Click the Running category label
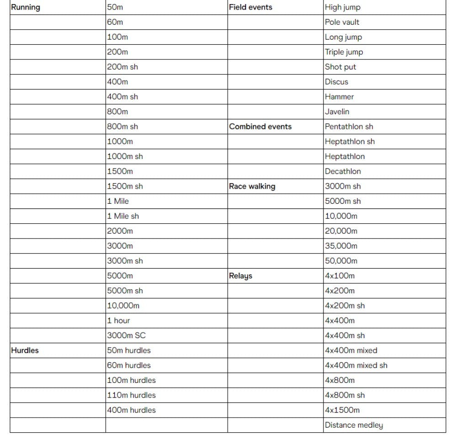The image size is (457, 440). coord(26,7)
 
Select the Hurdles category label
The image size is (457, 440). coord(25,350)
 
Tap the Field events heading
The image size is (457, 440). coord(250,7)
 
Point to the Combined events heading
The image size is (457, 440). coord(260,127)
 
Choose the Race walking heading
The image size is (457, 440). coord(252,186)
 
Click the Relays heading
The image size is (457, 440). coord(240,276)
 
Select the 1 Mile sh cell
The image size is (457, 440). coord(123,216)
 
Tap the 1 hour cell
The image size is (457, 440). coord(118,321)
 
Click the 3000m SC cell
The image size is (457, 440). coord(126,335)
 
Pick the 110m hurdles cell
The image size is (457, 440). coord(131,395)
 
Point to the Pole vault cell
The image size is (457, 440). coord(342,22)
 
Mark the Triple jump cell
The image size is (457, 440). coord(344,52)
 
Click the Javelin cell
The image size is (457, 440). coord(337,111)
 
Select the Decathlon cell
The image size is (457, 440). coord(343,171)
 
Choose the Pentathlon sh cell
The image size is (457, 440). coord(349,127)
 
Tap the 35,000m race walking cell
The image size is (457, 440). coord(341,246)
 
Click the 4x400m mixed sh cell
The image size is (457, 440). coord(356,366)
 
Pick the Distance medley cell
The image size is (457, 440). coord(354,425)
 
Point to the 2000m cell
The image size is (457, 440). coord(120,231)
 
